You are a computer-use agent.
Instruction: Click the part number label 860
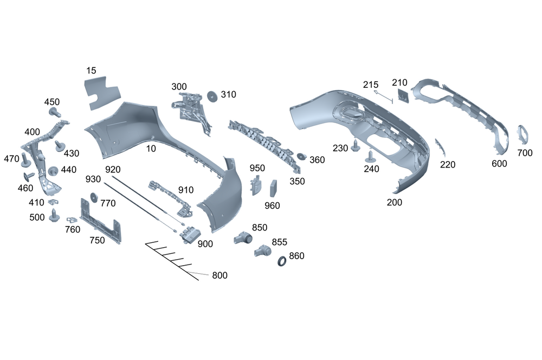(296, 256)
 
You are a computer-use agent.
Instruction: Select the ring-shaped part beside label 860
(282, 262)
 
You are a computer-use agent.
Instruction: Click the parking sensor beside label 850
(243, 237)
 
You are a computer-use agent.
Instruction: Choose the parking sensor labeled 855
(263, 250)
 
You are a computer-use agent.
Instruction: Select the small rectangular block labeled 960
(273, 188)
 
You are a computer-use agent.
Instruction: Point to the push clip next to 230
(356, 146)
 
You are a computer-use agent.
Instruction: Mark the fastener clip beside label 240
(371, 158)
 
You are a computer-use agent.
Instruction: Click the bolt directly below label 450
(54, 112)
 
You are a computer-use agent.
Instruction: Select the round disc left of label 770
(93, 198)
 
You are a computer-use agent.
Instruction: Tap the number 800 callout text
(220, 275)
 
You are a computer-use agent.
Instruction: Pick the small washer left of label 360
(301, 157)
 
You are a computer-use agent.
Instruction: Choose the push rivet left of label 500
(54, 217)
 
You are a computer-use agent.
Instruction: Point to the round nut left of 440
(53, 171)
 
